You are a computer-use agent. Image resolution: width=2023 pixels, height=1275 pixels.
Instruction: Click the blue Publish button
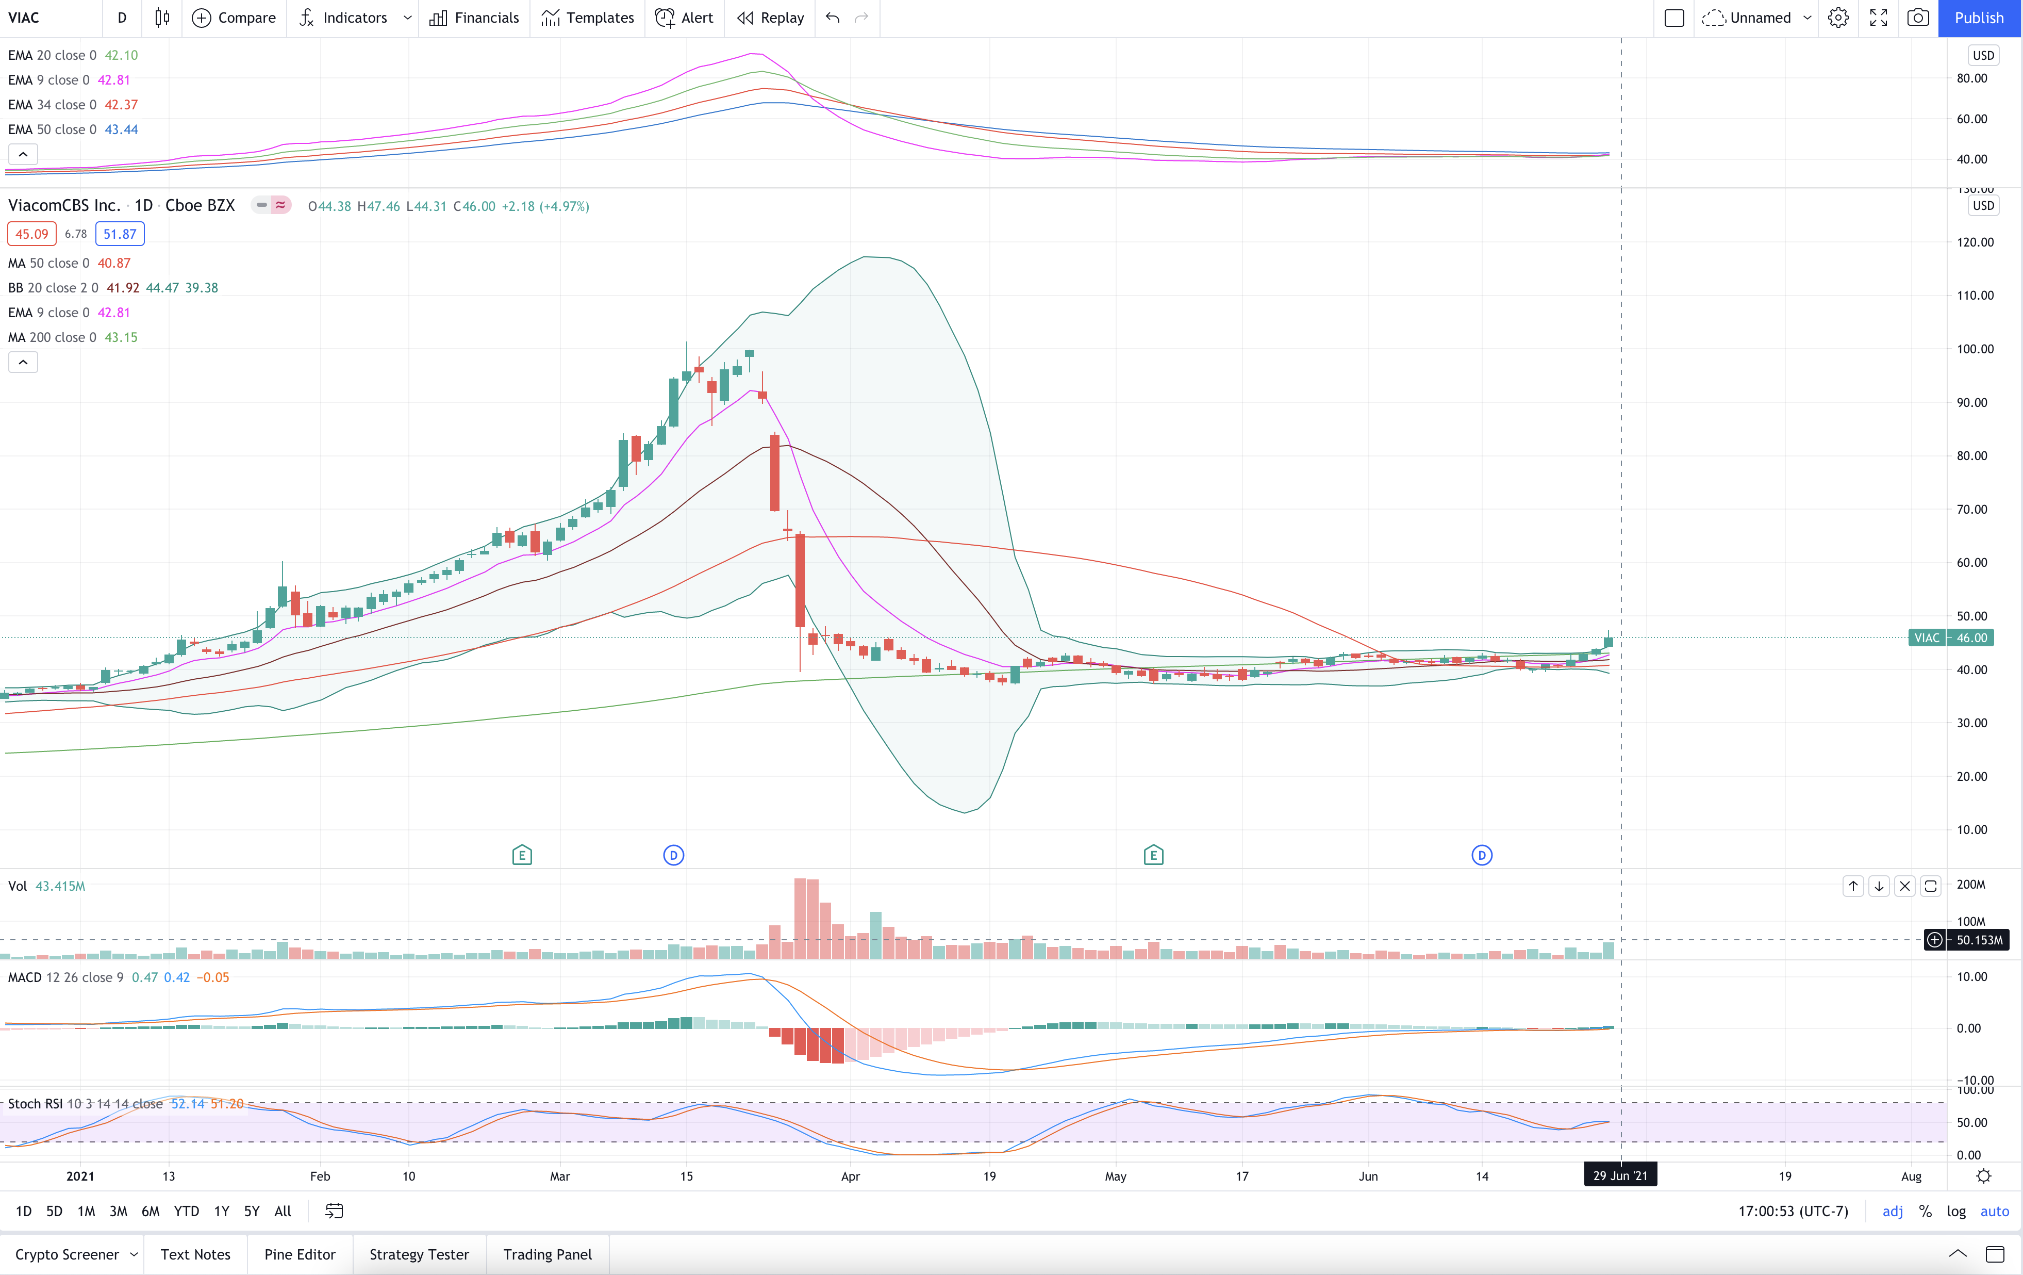1979,18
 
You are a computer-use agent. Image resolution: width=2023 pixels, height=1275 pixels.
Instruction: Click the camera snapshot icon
1918,18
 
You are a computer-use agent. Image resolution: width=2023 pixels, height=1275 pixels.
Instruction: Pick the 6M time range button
151,1211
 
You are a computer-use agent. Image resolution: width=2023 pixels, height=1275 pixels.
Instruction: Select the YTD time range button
187,1211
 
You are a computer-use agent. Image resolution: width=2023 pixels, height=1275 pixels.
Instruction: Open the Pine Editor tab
300,1254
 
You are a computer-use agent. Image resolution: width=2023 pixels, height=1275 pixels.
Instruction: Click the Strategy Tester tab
419,1254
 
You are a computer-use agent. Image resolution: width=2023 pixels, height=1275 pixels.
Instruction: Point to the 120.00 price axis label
1975,242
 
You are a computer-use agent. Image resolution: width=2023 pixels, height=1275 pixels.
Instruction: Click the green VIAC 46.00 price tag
1951,638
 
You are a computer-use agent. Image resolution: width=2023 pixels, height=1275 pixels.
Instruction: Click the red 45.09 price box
32,234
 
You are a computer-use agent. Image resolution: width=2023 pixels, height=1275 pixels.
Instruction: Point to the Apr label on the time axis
850,1176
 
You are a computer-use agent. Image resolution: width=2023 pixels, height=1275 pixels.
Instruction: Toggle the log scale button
1956,1211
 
